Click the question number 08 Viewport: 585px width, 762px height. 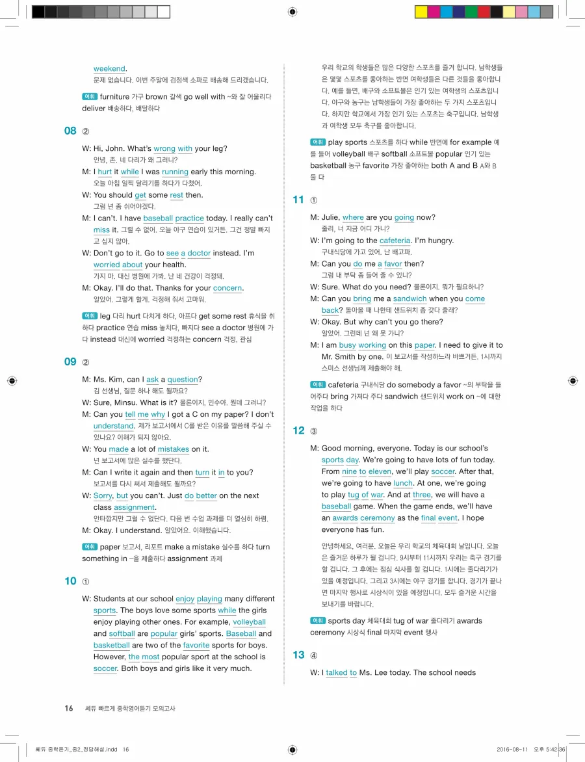pos(70,131)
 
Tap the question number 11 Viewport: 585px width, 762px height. pos(298,200)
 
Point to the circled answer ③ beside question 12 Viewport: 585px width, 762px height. pos(314,430)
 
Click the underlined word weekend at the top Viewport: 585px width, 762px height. pos(109,68)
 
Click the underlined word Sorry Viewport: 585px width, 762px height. pos(103,495)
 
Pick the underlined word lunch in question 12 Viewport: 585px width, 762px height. pos(403,483)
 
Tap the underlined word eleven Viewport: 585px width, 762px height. pos(380,471)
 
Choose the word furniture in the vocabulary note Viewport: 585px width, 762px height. pos(114,97)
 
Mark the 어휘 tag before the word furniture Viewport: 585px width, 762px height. pos(90,97)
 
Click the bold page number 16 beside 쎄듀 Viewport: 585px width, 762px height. pos(69,708)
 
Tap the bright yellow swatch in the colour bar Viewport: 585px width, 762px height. pos(421,12)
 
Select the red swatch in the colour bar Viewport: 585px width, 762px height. pos(484,12)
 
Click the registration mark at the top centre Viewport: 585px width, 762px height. pos(292,12)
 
